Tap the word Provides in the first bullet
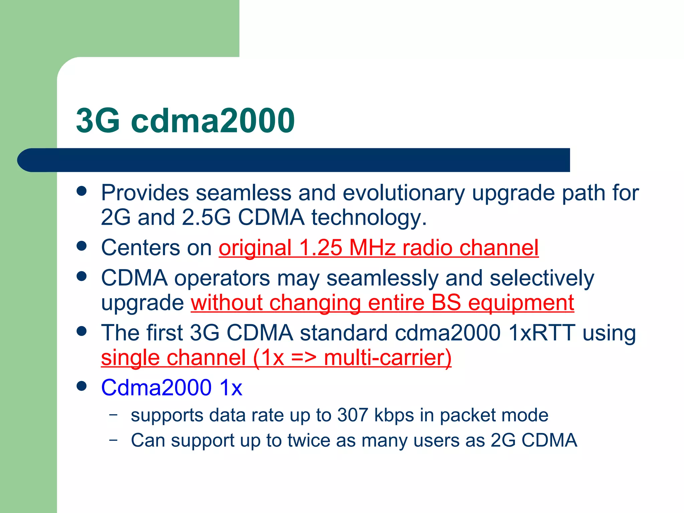coord(145,193)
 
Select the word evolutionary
coord(403,193)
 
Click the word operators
coord(222,278)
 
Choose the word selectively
coord(542,278)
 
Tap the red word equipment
coord(521,303)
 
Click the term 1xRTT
coord(541,333)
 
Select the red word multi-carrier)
coord(387,358)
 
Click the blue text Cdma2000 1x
coord(172,388)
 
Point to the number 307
coord(352,415)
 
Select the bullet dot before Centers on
coord(81,246)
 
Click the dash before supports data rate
coord(114,415)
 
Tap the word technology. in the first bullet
coord(369,218)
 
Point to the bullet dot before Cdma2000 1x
coord(81,386)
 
